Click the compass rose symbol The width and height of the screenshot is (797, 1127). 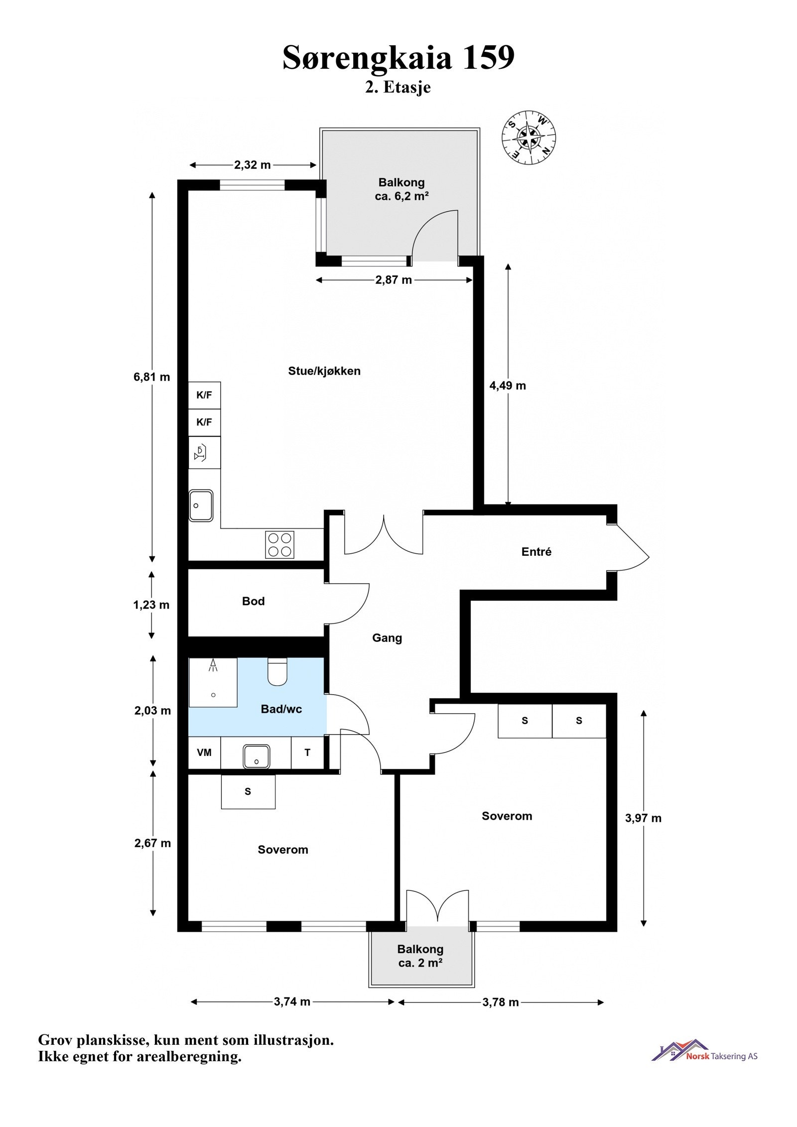pyautogui.click(x=528, y=137)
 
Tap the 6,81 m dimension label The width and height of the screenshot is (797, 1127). pyautogui.click(x=151, y=377)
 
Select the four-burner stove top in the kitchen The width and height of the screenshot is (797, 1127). pyautogui.click(x=279, y=544)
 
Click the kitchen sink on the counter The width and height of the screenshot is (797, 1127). pyautogui.click(x=201, y=505)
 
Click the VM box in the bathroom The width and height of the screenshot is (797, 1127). pyautogui.click(x=204, y=752)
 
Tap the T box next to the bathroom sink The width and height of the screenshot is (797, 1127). pyautogui.click(x=307, y=752)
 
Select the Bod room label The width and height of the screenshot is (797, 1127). pyautogui.click(x=253, y=601)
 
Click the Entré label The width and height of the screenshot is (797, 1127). pyautogui.click(x=536, y=552)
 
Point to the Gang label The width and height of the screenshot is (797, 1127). pyautogui.click(x=387, y=638)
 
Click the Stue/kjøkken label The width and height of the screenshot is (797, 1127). pyautogui.click(x=324, y=371)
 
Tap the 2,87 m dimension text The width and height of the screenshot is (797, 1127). pyautogui.click(x=394, y=280)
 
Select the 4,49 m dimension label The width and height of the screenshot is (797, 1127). pyautogui.click(x=507, y=385)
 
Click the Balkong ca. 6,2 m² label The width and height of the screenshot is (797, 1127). pyautogui.click(x=401, y=189)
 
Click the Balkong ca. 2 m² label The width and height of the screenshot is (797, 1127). pyautogui.click(x=420, y=956)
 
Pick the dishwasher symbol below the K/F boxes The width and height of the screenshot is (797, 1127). pyautogui.click(x=204, y=452)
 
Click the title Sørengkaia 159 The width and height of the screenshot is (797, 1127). pyautogui.click(x=398, y=57)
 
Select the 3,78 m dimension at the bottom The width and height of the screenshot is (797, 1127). pyautogui.click(x=500, y=1002)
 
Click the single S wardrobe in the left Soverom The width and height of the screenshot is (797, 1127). pyautogui.click(x=248, y=792)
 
